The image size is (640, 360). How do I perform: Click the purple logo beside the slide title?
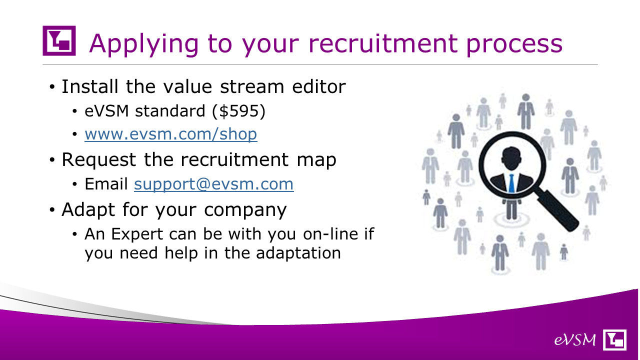[x=59, y=40]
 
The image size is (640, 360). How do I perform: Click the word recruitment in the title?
[x=383, y=43]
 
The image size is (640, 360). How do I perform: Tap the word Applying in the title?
[x=144, y=44]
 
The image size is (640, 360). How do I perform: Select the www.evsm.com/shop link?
[x=171, y=134]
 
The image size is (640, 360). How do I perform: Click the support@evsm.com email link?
[x=213, y=184]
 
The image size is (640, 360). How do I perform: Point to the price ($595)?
[x=239, y=111]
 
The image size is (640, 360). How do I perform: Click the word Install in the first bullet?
[x=90, y=86]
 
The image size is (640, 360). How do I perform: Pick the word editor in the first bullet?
[x=319, y=86]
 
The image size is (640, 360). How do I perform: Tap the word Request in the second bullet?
[x=99, y=159]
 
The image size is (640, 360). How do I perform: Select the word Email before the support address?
[x=106, y=183]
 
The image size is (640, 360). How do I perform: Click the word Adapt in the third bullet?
[x=88, y=210]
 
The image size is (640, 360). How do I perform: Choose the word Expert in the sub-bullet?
[x=137, y=234]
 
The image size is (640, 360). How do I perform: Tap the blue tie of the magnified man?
[x=511, y=183]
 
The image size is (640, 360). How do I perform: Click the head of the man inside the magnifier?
[x=511, y=158]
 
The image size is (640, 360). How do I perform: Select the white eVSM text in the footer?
[x=575, y=340]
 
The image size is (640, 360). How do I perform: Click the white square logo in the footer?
[x=614, y=339]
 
